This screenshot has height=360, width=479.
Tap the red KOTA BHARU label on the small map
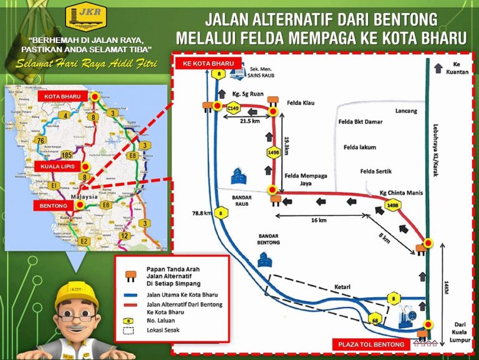click(x=63, y=97)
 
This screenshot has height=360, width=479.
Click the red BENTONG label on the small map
click(x=54, y=205)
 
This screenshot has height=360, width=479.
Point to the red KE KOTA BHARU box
click(x=208, y=64)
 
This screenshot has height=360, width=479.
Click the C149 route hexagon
click(x=233, y=109)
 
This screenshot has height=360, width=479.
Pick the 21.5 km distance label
click(x=249, y=122)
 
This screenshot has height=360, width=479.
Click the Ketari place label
click(x=327, y=288)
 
